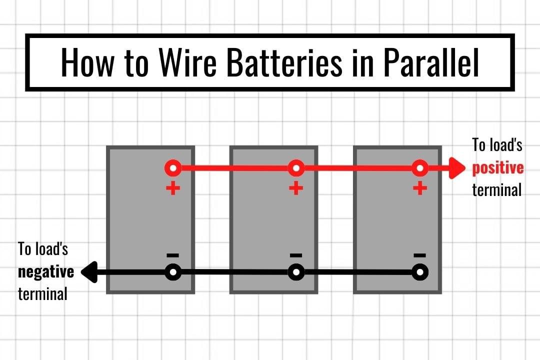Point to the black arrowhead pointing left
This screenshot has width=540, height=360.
(x=89, y=272)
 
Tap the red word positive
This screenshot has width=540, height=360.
(x=498, y=168)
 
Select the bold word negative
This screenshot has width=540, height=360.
(x=46, y=272)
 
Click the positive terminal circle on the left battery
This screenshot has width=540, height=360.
(x=173, y=168)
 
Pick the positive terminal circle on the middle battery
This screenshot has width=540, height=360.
(x=296, y=168)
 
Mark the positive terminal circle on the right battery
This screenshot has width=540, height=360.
(x=420, y=168)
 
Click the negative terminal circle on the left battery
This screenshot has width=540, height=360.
(x=173, y=272)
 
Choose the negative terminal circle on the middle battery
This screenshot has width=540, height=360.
(x=296, y=272)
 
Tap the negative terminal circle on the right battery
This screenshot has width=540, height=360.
(x=420, y=272)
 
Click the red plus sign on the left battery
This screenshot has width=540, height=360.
(x=173, y=189)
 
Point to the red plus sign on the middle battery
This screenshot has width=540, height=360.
(x=296, y=189)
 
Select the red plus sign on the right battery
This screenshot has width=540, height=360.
(x=420, y=189)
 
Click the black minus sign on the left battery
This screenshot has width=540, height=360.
(x=173, y=254)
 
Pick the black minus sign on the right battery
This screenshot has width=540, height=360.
(x=420, y=254)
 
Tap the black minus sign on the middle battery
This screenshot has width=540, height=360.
(x=296, y=254)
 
